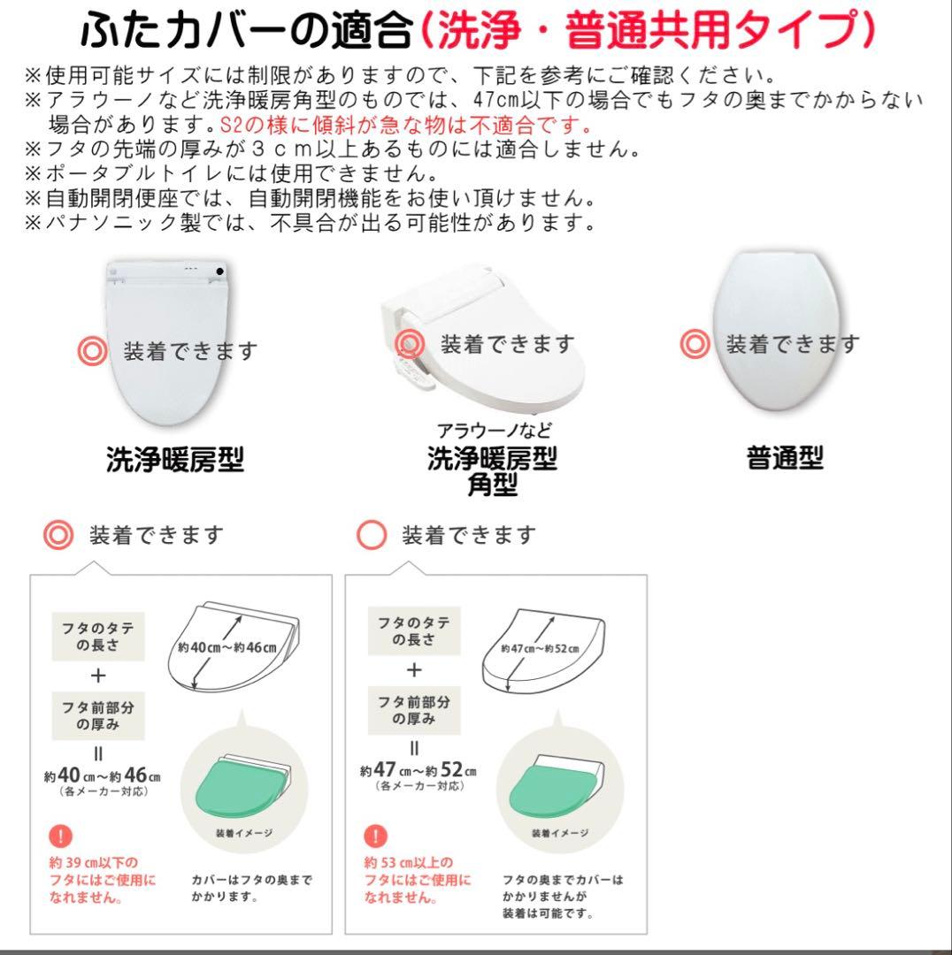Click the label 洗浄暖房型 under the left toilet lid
coord(174,460)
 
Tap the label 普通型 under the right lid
coord(784,458)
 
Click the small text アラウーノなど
coord(494,431)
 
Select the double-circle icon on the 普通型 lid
coord(695,344)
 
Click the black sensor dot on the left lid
coord(219,271)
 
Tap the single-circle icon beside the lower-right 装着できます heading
coord(372,535)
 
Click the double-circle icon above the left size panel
coord(58,535)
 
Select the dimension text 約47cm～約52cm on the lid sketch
coord(540,648)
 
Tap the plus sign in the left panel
coord(98,676)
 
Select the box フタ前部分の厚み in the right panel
coord(413,710)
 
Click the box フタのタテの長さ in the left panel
coord(98,634)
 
